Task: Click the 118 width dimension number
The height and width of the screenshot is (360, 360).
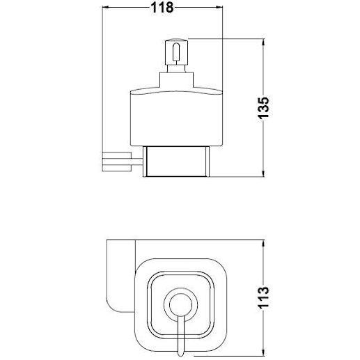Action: pos(162,8)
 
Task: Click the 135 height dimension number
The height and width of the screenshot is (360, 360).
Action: pos(263,108)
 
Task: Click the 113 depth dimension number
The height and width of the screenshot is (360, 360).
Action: pos(263,297)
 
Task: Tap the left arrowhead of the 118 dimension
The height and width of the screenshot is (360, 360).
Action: pos(106,8)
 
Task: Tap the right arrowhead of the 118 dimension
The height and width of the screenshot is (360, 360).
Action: pos(219,8)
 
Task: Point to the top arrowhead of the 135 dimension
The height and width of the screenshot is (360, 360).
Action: pos(263,42)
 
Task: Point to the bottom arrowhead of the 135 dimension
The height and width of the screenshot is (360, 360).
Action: pos(263,173)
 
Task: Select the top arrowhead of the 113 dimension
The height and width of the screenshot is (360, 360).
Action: pos(263,244)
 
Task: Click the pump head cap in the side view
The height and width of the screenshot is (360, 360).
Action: pos(176,52)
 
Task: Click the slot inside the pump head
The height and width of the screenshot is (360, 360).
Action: pos(176,52)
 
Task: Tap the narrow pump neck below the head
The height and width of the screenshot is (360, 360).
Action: pos(176,69)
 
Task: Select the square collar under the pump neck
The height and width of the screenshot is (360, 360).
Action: pos(176,80)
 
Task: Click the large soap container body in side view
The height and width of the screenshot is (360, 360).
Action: pos(176,117)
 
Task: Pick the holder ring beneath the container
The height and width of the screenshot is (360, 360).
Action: pos(176,162)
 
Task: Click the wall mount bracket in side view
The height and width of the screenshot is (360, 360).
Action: pos(117,162)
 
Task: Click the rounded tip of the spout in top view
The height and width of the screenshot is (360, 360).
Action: pos(180,354)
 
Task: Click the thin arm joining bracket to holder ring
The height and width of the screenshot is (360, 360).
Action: pos(137,162)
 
